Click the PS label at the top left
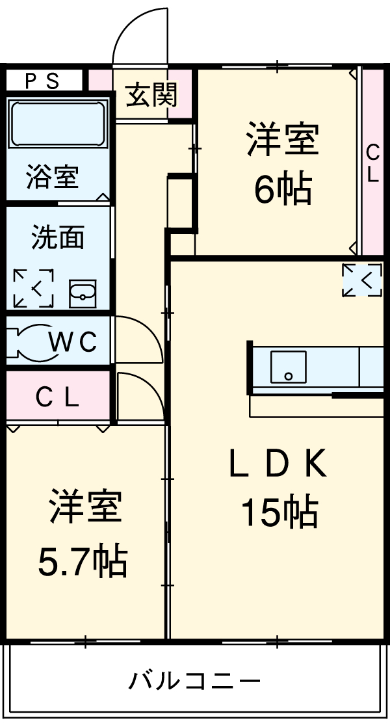(42, 81)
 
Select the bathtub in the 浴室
(57, 124)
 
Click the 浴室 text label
(53, 177)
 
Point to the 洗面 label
(58, 238)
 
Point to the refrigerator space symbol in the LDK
(362, 280)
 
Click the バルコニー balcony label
(194, 681)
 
